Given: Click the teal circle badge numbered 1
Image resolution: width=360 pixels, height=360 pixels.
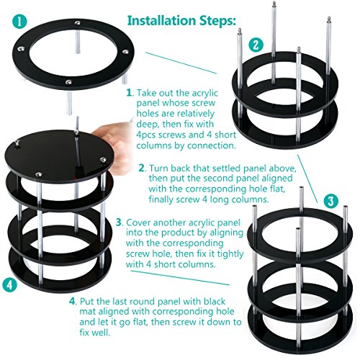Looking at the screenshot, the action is tap(19, 22).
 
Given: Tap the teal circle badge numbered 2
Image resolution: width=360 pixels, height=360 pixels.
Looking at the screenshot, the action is tap(256, 45).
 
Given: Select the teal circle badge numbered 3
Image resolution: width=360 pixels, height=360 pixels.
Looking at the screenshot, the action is tap(331, 201).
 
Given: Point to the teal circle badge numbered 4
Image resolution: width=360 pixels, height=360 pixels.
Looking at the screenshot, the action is tap(10, 285).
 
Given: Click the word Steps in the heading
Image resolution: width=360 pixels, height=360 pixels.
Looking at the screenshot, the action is tap(217, 21).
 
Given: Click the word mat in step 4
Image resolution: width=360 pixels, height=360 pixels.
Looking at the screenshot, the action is tap(87, 312).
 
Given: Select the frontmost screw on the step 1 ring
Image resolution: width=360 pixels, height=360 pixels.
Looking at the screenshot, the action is tap(69, 82).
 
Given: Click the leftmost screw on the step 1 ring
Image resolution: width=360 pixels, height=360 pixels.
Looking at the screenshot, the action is tap(21, 49).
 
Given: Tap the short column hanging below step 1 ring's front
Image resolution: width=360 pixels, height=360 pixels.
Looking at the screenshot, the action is tap(70, 103).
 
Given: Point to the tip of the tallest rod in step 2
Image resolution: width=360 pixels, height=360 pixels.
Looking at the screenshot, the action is tap(274, 3).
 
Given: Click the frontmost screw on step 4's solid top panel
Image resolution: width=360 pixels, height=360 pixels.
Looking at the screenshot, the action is tap(39, 174).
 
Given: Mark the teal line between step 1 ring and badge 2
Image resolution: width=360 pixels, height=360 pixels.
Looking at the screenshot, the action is tap(181, 63).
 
